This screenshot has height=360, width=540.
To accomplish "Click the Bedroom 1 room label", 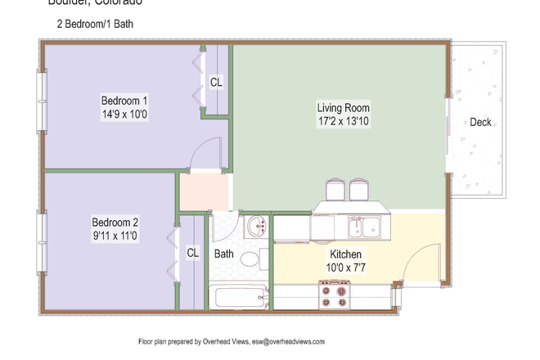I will click(122, 101).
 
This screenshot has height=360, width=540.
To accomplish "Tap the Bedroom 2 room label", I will click(115, 222).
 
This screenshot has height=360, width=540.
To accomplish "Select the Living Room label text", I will click(344, 107).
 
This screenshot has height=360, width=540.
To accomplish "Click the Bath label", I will click(223, 254).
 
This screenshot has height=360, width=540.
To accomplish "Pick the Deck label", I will click(480, 123).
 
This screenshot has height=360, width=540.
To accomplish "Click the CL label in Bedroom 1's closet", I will click(216, 82).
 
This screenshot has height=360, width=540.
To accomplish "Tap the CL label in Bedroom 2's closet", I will click(192, 253).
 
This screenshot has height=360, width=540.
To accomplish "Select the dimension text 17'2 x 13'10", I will click(344, 121).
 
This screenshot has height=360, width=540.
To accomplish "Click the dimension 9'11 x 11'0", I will click(115, 236).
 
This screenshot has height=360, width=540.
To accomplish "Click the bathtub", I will click(238, 295).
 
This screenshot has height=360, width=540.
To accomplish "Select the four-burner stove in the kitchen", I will click(334, 293).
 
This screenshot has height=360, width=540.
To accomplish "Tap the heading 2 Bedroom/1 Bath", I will click(95, 25).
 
